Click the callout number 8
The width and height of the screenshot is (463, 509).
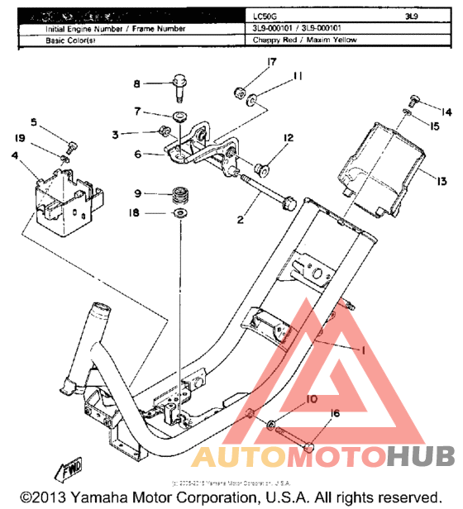pyautogui.click(x=138, y=83)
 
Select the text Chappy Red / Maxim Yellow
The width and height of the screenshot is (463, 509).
pyautogui.click(x=305, y=39)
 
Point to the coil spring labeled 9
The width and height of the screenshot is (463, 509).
pyautogui.click(x=179, y=197)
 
